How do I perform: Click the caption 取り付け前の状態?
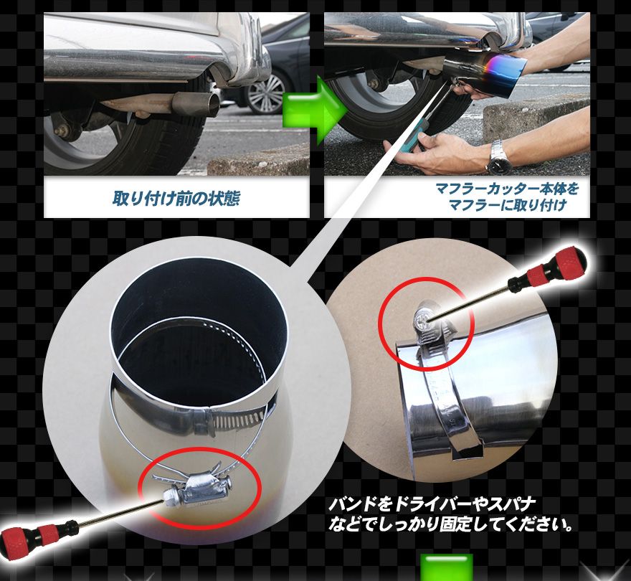[176, 199]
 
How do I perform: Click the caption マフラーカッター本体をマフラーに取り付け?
[506, 199]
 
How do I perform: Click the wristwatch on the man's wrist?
[498, 156]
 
